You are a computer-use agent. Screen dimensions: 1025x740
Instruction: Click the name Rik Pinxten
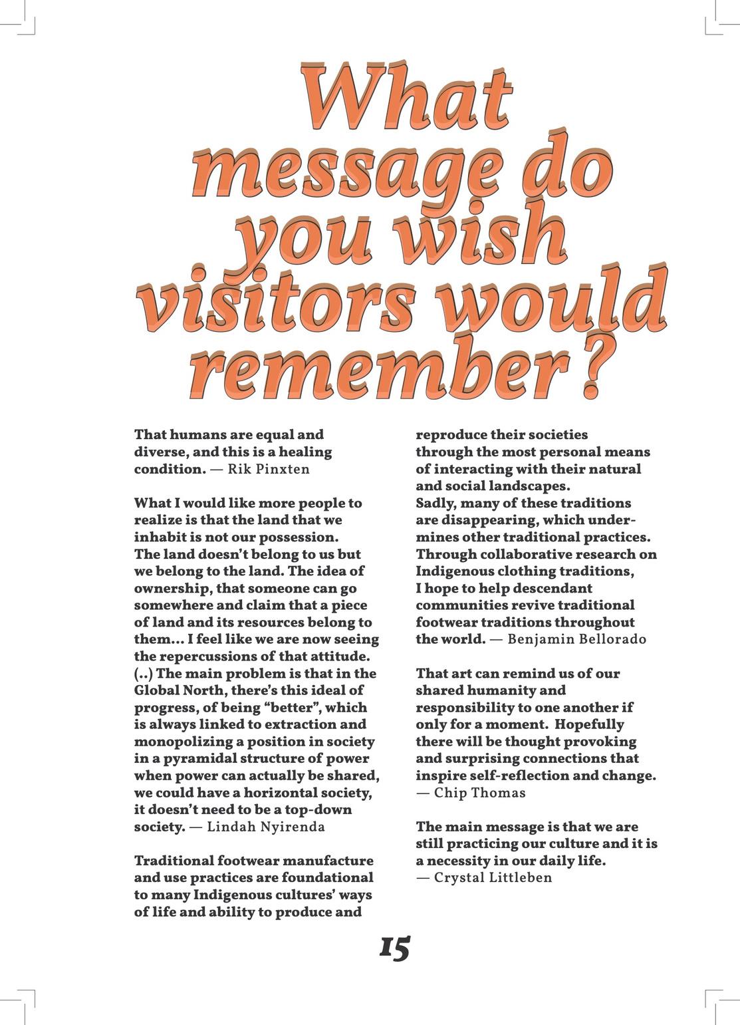point(269,469)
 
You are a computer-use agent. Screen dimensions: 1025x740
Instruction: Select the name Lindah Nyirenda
point(266,827)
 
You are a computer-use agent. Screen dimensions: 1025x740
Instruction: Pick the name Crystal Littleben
point(493,878)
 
